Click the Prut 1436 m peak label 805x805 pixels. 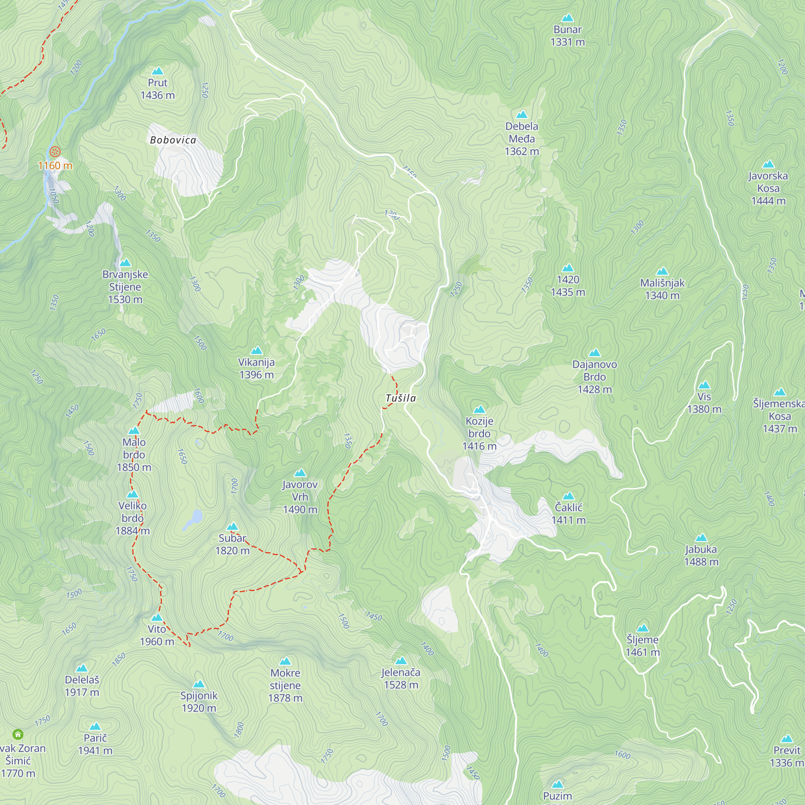click(x=157, y=89)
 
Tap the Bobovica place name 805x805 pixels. click(x=173, y=140)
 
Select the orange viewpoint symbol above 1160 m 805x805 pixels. click(x=55, y=152)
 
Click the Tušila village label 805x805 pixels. click(x=401, y=398)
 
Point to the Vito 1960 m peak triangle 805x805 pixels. click(x=157, y=617)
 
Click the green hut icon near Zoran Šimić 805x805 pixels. click(x=18, y=735)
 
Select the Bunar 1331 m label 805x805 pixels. click(x=568, y=35)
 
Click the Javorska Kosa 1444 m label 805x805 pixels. click(x=768, y=188)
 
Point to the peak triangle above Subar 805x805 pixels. click(x=233, y=526)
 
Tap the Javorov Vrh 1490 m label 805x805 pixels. click(x=300, y=497)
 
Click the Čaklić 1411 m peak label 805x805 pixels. click(x=568, y=513)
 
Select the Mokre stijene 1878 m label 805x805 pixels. click(x=285, y=685)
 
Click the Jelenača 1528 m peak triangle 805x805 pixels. click(x=401, y=661)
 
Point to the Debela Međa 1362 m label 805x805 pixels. click(x=522, y=138)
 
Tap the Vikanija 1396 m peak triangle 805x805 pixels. click(x=257, y=351)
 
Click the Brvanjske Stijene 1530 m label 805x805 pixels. click(x=125, y=287)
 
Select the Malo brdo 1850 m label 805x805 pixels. click(x=134, y=454)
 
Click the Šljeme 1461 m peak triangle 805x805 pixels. click(x=642, y=628)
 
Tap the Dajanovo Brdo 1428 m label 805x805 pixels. click(x=594, y=377)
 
